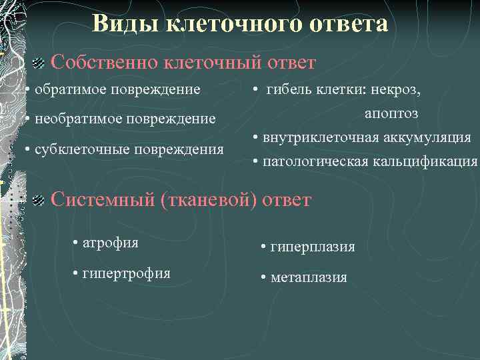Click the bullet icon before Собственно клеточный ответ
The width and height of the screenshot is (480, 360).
39,63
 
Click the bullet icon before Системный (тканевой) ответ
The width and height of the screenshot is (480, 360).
39,199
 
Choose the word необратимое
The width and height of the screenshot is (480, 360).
75,119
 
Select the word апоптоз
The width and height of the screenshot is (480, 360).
391,114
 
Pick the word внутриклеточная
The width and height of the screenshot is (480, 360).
318,138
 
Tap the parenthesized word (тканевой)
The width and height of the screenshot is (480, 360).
209,199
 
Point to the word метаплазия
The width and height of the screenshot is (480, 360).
309,278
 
